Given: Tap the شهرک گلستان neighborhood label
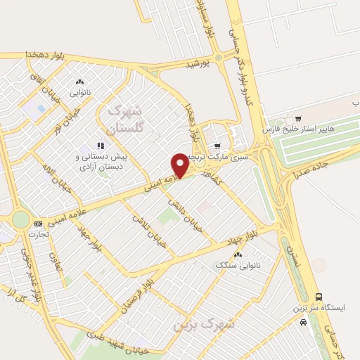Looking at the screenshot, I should coord(126,120).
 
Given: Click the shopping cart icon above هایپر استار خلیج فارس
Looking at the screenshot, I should coord(299,118).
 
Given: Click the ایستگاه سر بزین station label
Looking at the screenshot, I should coord(321,309).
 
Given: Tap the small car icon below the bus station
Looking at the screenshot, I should coord(303,322).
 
